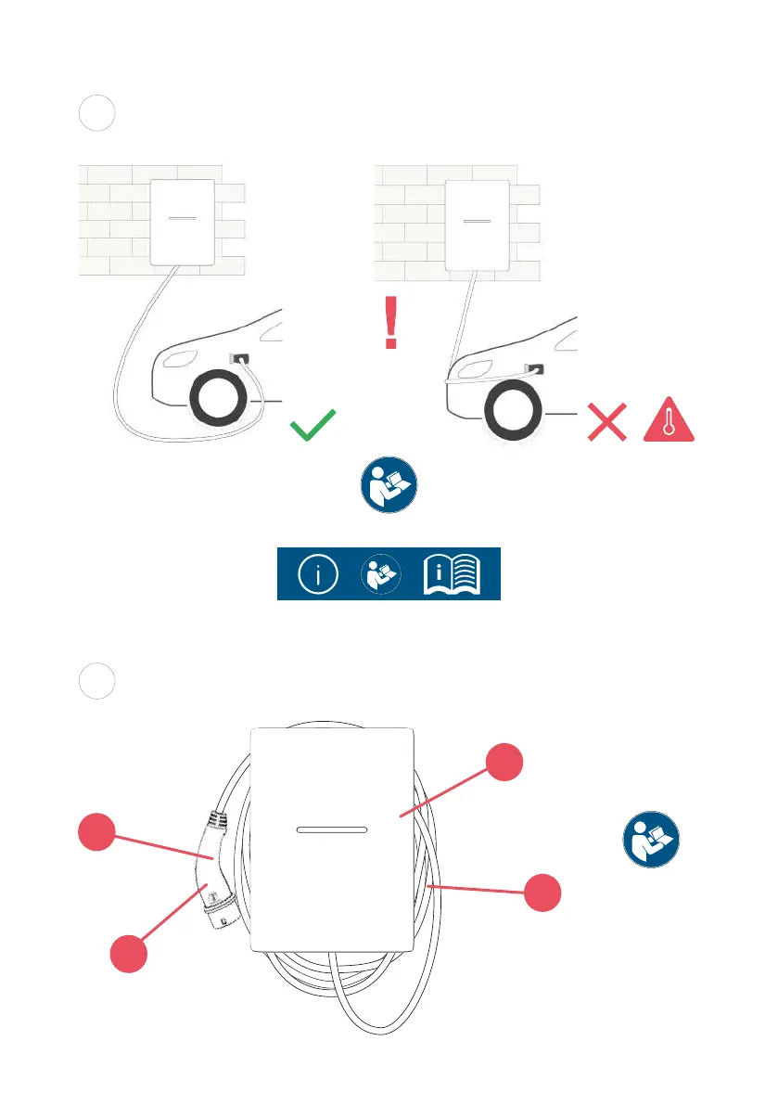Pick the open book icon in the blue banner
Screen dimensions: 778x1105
452,574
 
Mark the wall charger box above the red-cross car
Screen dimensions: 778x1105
477,223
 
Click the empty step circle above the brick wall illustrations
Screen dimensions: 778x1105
96,112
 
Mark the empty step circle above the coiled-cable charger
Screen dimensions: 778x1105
96,680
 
